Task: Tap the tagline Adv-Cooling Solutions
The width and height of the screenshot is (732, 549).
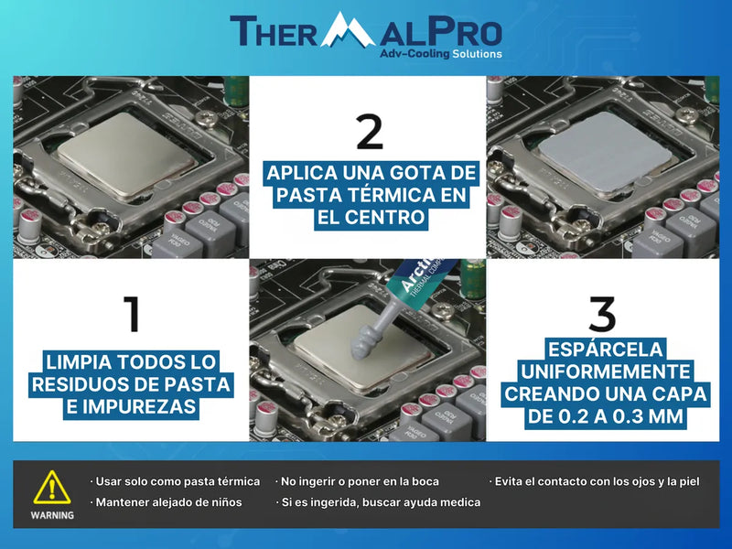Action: [441, 54]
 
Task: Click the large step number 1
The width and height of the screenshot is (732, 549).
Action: [133, 314]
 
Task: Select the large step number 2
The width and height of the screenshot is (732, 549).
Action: [370, 132]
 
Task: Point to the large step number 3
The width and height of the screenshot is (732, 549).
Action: [602, 314]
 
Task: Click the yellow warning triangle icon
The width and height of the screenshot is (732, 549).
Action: [52, 487]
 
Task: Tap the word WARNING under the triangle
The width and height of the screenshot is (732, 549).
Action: [52, 515]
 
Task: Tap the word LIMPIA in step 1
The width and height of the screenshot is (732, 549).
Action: [79, 361]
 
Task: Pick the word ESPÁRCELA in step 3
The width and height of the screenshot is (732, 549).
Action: [605, 350]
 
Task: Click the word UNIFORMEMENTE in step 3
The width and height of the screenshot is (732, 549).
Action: [605, 371]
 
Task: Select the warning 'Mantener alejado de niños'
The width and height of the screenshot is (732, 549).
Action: [167, 502]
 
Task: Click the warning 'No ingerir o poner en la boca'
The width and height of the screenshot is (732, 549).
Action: [357, 481]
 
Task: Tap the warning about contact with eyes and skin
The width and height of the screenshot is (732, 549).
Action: [594, 481]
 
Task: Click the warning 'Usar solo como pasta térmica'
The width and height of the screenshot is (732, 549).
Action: [175, 481]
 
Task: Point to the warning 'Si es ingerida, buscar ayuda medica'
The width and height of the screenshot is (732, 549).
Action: [378, 502]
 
